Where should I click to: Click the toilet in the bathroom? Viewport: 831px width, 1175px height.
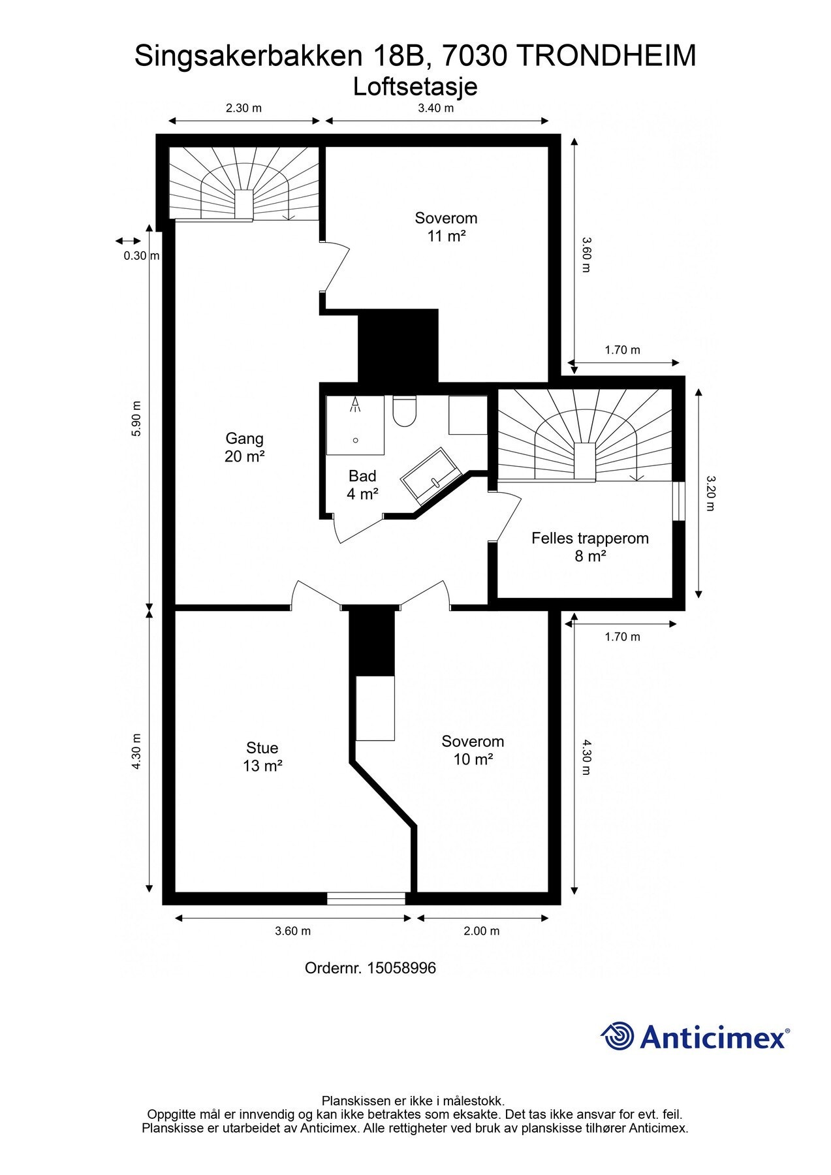pos(405,411)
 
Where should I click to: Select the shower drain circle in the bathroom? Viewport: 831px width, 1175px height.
pos(356,441)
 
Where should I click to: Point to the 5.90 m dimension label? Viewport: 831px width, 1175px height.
pos(136,418)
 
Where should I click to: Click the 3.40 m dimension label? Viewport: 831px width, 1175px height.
pos(436,108)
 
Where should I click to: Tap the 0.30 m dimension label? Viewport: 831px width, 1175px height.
pos(142,256)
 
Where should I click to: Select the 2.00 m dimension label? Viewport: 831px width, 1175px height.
pos(482,931)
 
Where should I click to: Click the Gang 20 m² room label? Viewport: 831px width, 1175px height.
pos(245,447)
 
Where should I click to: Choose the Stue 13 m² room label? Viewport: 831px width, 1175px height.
pos(262,757)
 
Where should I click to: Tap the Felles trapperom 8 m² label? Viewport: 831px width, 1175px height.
pos(590,547)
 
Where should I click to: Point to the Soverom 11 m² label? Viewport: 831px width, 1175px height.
pos(447,227)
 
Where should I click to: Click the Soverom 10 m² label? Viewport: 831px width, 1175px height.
pos(473,750)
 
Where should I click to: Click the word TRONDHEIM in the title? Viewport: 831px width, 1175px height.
pos(606,56)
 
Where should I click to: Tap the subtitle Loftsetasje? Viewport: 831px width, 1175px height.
pos(415,87)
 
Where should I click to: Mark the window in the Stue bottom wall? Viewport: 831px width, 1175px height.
pos(366,898)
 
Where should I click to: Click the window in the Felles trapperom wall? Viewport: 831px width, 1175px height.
pos(679,501)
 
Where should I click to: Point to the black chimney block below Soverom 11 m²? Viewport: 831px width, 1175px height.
pos(398,345)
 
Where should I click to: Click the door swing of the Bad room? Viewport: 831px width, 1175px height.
pos(356,529)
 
